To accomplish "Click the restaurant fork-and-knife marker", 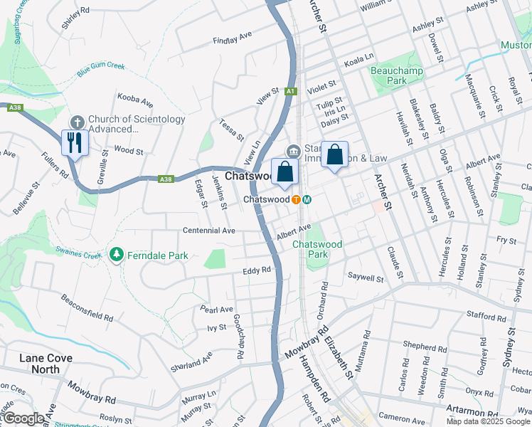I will pyautogui.click(x=75, y=142).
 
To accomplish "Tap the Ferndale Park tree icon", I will pyautogui.click(x=115, y=253).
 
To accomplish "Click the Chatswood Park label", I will pyautogui.click(x=317, y=248).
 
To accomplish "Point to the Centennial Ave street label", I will pyautogui.click(x=208, y=231).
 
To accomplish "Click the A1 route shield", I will pyautogui.click(x=290, y=91).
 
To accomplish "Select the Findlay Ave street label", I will pyautogui.click(x=233, y=38).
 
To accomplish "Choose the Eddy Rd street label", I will pyautogui.click(x=257, y=270).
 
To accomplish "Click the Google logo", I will pyautogui.click(x=23, y=419).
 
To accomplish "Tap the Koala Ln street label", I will pyautogui.click(x=358, y=58).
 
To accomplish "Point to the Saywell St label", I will pyautogui.click(x=366, y=276).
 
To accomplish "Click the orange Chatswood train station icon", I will pyautogui.click(x=295, y=199).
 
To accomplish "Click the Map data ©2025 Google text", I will pyautogui.click(x=487, y=421).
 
